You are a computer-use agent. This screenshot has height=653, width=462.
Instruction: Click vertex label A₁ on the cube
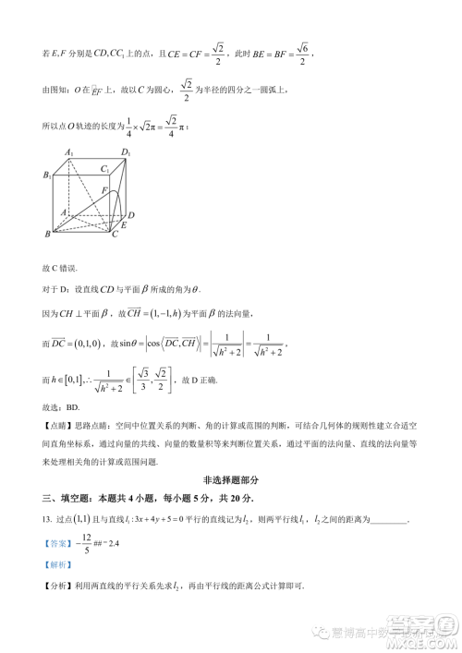[x=68, y=151]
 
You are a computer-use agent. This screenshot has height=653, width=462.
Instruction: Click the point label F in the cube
[x=103, y=189]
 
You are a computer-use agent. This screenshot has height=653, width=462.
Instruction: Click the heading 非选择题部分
[x=230, y=480]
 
